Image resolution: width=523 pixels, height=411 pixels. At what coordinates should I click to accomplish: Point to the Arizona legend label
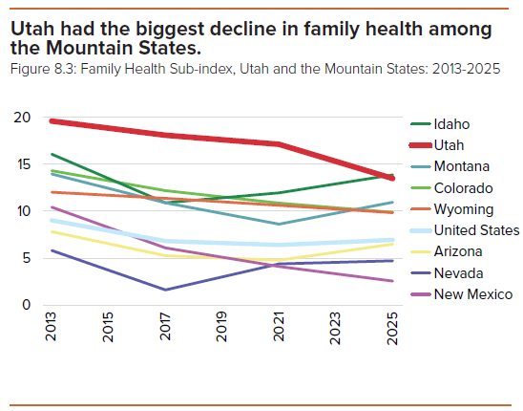458,251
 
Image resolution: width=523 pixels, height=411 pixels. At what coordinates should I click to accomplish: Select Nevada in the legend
458,273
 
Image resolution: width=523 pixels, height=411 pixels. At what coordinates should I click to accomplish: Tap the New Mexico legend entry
473,294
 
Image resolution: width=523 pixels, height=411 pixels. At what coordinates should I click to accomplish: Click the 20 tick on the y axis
22,118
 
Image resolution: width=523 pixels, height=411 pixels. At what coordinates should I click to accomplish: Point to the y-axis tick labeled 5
27,258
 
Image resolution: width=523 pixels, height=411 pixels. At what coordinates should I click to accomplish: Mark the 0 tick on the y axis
27,305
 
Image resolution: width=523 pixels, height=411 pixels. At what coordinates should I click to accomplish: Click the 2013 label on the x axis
51,327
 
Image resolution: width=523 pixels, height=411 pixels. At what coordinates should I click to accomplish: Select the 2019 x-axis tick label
221,327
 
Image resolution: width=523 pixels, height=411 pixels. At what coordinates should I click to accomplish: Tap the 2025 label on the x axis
392,328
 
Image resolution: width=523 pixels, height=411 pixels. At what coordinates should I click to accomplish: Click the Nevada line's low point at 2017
165,290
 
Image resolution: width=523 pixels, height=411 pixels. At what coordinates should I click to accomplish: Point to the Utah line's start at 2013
52,121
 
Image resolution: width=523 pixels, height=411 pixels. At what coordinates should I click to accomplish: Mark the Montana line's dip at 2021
279,224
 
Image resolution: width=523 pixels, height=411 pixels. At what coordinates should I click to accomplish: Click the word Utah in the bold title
32,29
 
